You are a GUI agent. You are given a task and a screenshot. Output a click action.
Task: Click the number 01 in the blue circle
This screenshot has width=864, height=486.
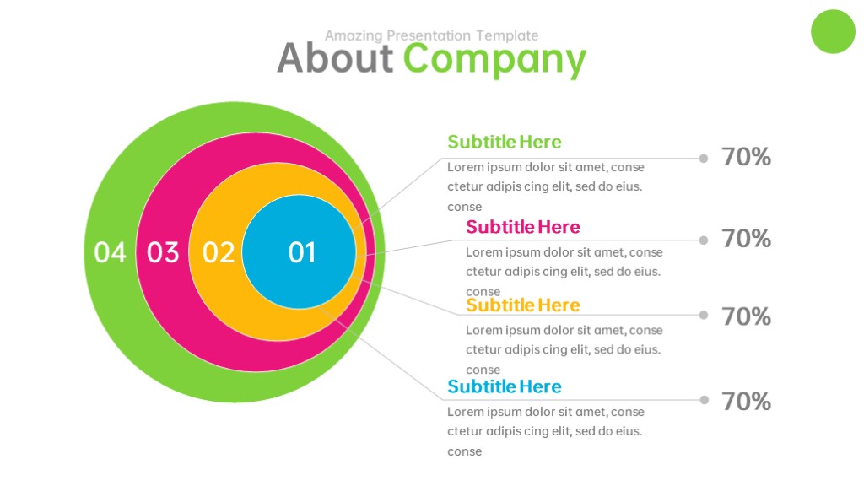(x=302, y=252)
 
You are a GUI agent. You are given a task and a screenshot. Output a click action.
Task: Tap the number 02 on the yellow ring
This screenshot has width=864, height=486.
(x=219, y=252)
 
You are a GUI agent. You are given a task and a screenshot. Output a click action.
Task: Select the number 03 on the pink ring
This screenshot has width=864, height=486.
(x=163, y=252)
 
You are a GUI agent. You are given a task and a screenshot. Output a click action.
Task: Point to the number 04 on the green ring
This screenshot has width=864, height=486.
(x=110, y=252)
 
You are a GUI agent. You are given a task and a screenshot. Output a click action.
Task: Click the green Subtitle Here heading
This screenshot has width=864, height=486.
(x=505, y=142)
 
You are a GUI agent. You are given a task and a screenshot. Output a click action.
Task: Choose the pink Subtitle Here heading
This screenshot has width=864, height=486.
(x=523, y=226)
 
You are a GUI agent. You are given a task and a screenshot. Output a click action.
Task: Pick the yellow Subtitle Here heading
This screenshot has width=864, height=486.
(x=523, y=305)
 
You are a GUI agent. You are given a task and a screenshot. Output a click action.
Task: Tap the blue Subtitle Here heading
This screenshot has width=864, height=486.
(x=505, y=386)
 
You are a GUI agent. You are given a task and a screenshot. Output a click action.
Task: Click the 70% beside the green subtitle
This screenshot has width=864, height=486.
(x=746, y=157)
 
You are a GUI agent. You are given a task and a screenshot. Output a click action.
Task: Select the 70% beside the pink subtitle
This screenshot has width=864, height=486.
(x=746, y=239)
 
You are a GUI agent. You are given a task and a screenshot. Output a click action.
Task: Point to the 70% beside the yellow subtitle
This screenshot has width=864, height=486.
(x=746, y=316)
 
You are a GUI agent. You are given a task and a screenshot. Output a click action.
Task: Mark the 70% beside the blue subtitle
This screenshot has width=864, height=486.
(x=746, y=401)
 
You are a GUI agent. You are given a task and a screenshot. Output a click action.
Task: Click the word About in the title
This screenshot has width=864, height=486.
(x=335, y=58)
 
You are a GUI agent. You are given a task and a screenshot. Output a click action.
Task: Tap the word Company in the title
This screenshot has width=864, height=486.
(x=494, y=61)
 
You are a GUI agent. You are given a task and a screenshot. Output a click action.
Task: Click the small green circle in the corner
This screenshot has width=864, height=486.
(x=833, y=31)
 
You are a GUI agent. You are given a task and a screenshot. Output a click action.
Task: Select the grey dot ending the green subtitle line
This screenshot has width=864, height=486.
(x=704, y=159)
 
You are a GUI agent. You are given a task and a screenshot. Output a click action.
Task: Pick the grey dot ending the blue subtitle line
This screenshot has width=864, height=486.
(x=704, y=400)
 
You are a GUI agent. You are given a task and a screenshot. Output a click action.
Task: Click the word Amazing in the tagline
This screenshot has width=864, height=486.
(x=354, y=35)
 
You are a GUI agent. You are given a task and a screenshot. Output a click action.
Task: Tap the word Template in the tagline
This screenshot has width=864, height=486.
(x=507, y=35)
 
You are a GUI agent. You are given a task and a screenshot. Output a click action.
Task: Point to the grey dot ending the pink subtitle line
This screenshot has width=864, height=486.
(x=704, y=240)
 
